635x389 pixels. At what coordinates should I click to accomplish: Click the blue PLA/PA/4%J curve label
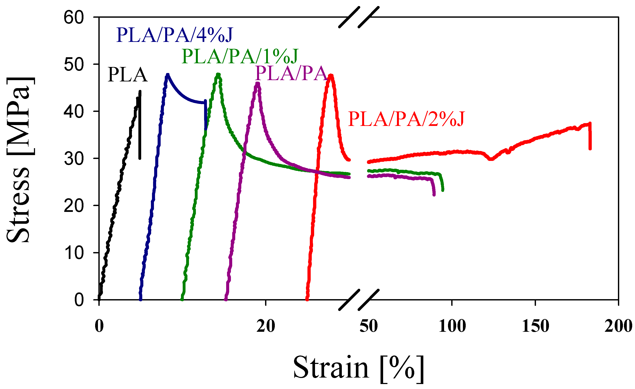(x=174, y=35)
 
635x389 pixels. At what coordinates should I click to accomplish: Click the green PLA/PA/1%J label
(x=240, y=56)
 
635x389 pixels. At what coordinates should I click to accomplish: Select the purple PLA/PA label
(x=291, y=73)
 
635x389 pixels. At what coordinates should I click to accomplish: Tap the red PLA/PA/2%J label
(x=406, y=119)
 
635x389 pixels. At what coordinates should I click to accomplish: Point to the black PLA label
(x=128, y=75)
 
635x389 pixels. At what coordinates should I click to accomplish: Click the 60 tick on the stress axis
(x=74, y=18)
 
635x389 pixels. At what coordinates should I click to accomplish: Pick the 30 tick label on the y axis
(x=74, y=159)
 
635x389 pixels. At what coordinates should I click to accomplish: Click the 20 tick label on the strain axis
(x=266, y=326)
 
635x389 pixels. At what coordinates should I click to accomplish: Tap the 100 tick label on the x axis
(x=452, y=326)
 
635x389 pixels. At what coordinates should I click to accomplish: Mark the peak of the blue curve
(x=168, y=75)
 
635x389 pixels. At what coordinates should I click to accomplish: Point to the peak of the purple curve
(x=258, y=83)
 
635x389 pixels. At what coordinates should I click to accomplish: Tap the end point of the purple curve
(x=434, y=195)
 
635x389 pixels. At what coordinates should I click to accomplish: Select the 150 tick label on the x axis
(x=536, y=326)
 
